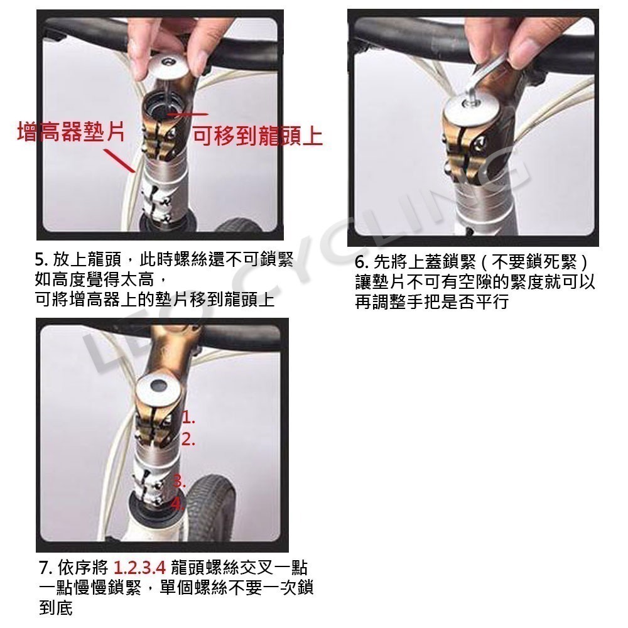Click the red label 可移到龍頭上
pyautogui.click(x=257, y=135)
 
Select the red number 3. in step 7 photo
pyautogui.click(x=180, y=482)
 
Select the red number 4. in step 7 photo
pyautogui.click(x=177, y=504)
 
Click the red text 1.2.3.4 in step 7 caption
pyautogui.click(x=139, y=568)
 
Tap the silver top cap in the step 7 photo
pyautogui.click(x=159, y=386)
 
